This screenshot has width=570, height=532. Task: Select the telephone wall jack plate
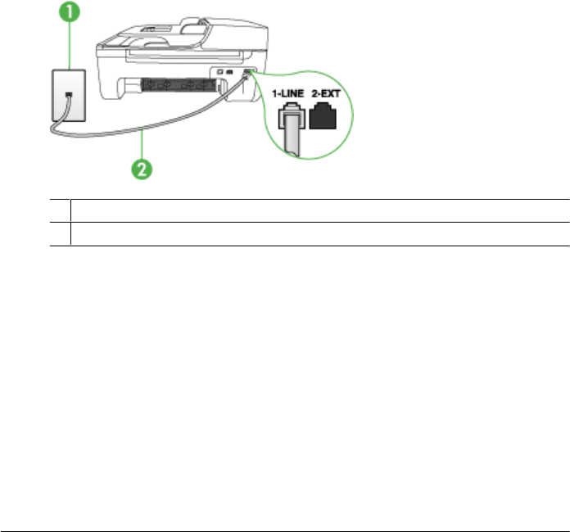pyautogui.click(x=69, y=96)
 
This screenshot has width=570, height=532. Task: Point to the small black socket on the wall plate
pyautogui.click(x=69, y=95)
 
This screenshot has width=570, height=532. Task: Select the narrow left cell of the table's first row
pyautogui.click(x=60, y=210)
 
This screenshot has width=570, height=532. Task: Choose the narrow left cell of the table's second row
pyautogui.click(x=60, y=234)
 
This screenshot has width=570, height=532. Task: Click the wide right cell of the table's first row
pyautogui.click(x=319, y=210)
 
